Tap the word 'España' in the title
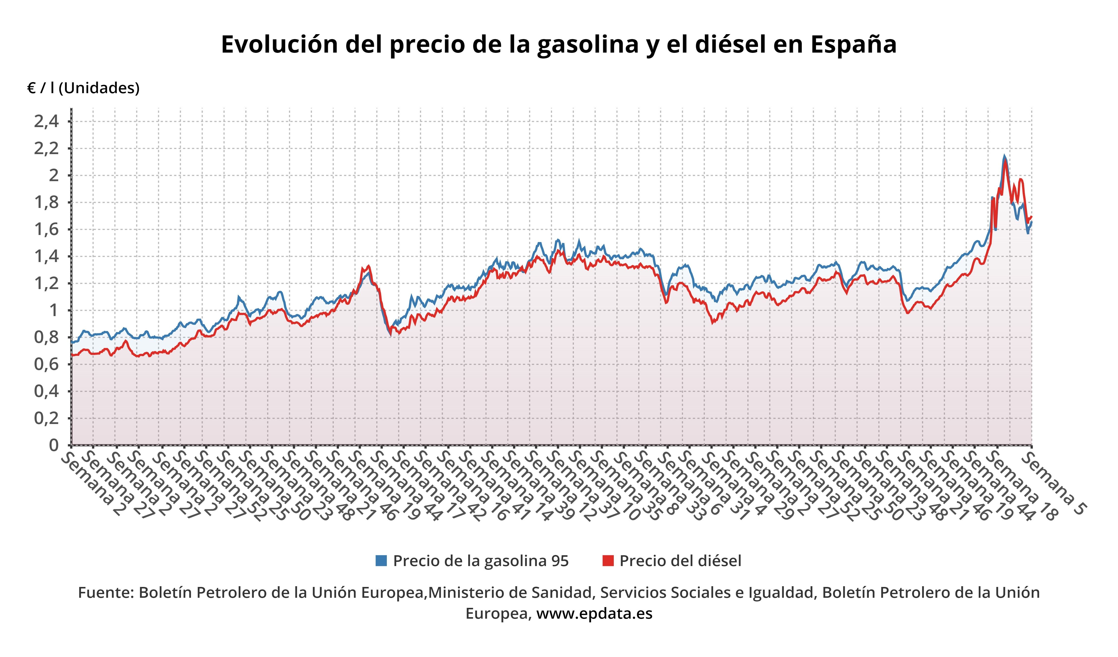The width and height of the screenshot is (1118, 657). [x=853, y=44]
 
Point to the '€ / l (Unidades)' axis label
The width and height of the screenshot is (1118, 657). [x=84, y=88]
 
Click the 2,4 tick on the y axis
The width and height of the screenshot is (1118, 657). [x=46, y=121]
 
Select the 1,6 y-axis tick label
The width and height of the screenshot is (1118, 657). [x=46, y=230]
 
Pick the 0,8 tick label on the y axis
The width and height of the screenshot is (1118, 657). [x=46, y=337]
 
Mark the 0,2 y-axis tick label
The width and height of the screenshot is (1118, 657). [x=46, y=418]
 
